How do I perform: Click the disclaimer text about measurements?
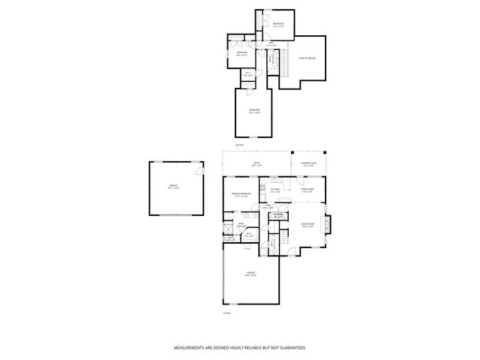click(x=240, y=348)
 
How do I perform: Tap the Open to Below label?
click(x=307, y=58)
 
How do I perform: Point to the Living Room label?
click(x=307, y=224)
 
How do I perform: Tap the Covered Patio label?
click(x=308, y=163)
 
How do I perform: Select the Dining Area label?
click(x=307, y=190)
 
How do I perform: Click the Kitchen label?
click(x=275, y=191)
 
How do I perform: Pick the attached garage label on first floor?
click(x=250, y=274)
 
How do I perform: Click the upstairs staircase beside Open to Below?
click(x=284, y=64)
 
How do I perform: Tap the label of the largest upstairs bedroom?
click(x=254, y=112)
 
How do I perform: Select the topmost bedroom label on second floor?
click(x=278, y=25)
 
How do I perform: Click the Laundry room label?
click(x=277, y=215)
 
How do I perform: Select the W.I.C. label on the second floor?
click(x=247, y=73)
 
